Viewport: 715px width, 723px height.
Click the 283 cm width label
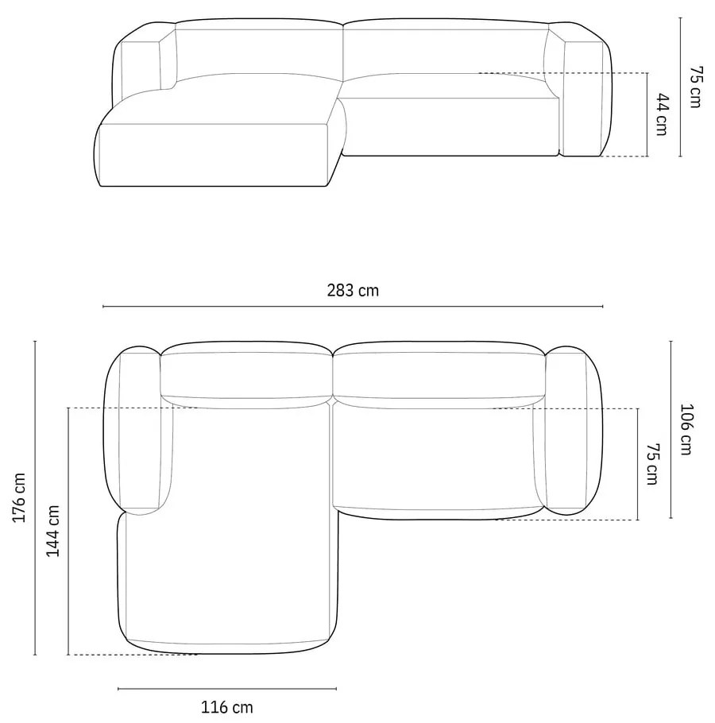[x=353, y=291]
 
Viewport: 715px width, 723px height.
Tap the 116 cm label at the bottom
[x=227, y=706]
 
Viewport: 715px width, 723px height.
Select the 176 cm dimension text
[x=20, y=498]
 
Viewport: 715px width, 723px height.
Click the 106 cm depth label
[x=688, y=430]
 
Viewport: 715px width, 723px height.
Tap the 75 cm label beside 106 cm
[x=652, y=464]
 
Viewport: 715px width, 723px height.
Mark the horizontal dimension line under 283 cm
[x=353, y=307]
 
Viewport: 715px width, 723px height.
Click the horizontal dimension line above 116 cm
[x=227, y=689]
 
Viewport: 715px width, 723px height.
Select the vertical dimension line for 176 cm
[x=36, y=498]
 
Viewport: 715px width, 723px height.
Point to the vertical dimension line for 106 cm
[x=671, y=430]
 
